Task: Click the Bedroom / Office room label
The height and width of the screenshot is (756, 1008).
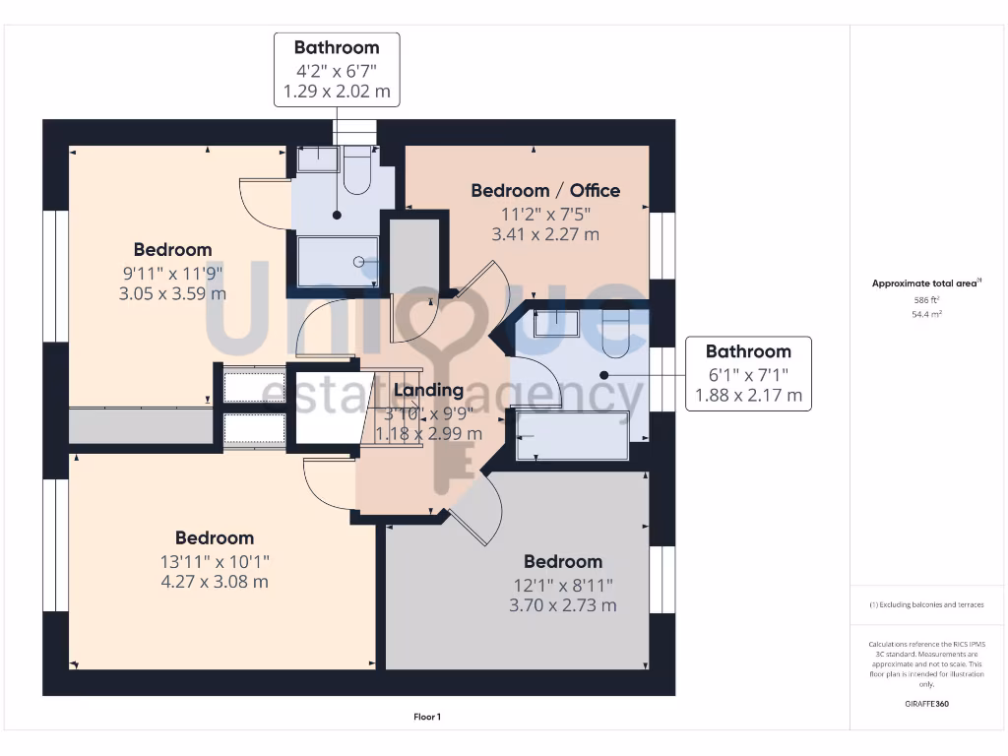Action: point(545,190)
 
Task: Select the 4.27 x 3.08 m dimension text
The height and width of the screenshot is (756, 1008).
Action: point(215,582)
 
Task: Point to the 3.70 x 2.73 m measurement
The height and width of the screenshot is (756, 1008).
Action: point(562,605)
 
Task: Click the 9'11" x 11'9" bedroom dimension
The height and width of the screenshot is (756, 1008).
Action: point(173,273)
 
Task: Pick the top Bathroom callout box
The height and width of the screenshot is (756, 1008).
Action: point(337,70)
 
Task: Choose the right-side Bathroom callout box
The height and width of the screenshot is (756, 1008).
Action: point(748,374)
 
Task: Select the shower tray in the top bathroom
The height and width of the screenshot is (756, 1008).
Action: point(338,262)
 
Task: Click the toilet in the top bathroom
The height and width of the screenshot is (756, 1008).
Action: point(356,170)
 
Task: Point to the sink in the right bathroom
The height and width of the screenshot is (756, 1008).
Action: point(556,323)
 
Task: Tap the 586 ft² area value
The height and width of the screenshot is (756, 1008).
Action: point(925,299)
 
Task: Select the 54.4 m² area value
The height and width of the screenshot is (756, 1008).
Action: point(925,314)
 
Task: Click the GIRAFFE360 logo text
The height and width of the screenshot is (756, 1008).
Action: point(925,704)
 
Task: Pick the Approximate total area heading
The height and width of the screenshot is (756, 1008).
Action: point(925,283)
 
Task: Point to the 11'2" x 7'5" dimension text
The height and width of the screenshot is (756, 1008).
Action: point(545,213)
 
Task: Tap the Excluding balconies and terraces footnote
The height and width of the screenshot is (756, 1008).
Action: point(925,604)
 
